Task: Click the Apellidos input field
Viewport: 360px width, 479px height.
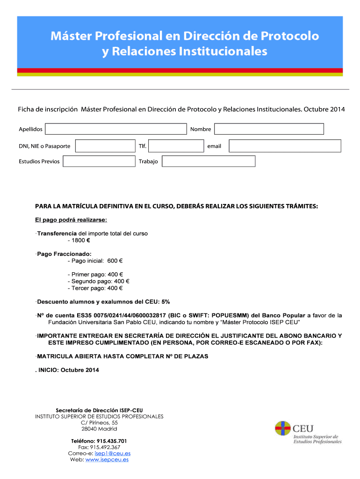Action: click(115, 129)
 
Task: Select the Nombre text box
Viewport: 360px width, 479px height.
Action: click(269, 129)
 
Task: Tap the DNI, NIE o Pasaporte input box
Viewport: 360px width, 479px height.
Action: click(105, 146)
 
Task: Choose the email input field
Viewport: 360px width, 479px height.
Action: click(285, 146)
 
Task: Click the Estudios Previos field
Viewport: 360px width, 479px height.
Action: click(99, 161)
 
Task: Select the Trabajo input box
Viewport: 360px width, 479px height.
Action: click(209, 161)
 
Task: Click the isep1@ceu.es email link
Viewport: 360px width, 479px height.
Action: click(112, 453)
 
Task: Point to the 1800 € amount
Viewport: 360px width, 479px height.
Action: click(80, 240)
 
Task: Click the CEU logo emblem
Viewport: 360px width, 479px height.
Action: click(282, 428)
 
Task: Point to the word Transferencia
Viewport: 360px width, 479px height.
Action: click(57, 233)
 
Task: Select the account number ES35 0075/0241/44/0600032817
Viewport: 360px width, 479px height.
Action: click(114, 315)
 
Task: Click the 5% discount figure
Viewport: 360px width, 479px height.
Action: click(166, 302)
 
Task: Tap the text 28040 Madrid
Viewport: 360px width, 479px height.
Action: click(99, 429)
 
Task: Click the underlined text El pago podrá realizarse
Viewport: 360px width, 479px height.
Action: click(71, 219)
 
